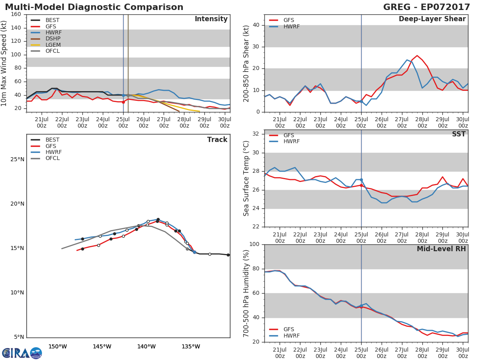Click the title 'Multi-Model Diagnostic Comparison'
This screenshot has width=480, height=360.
tap(94, 7)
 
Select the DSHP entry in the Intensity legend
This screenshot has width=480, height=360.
tap(53, 39)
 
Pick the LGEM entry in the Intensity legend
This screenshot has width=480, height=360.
tap(53, 45)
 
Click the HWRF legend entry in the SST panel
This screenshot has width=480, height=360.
tap(291, 142)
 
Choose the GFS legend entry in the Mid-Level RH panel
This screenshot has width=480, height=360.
tap(289, 329)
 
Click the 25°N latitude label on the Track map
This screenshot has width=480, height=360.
tap(17, 160)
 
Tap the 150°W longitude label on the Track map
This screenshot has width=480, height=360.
tap(58, 346)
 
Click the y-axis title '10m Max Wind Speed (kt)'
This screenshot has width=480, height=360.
tap(4, 63)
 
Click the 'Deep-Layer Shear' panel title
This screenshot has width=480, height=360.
tap(432, 19)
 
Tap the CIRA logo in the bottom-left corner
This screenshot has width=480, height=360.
tap(22, 353)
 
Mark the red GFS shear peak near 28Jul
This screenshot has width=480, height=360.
tap(417, 56)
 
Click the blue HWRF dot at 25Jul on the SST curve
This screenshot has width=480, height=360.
tap(361, 180)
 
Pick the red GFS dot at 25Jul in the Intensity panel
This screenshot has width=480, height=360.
tap(123, 102)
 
